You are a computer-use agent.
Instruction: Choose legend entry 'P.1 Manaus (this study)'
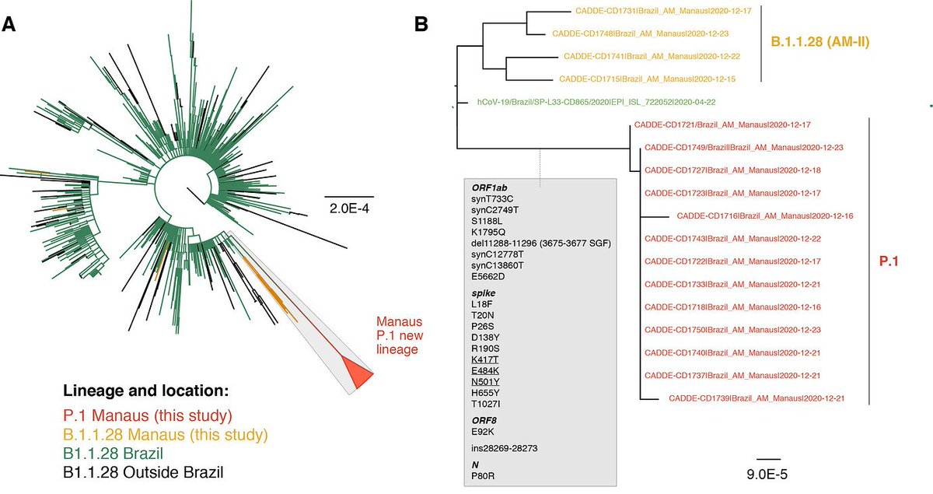tap(147, 414)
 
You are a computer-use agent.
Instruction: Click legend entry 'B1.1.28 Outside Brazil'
tap(143, 471)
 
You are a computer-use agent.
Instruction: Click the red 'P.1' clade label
tap(889, 263)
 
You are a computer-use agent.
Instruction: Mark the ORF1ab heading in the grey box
tap(488, 187)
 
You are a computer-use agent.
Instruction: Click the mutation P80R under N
tap(484, 475)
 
